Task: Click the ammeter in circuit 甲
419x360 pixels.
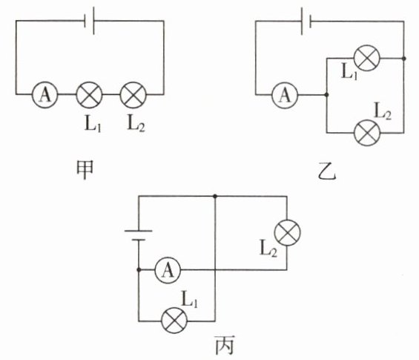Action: pos(45,95)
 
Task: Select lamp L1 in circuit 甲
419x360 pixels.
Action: pos(89,95)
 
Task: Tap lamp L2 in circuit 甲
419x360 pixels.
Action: pos(133,95)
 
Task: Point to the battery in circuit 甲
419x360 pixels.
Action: pos(89,21)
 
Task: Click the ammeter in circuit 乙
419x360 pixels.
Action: pos(285,95)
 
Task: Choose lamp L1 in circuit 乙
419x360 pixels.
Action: pos(366,58)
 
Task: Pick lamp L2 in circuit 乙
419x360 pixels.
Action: pos(367,133)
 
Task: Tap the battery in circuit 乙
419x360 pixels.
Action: pos(306,21)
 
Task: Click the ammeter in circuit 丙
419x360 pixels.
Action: pos(168,270)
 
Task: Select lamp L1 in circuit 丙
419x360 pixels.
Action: pos(174,321)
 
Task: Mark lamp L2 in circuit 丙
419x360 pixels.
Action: pos(287,232)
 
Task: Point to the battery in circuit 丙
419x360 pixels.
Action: pos(139,235)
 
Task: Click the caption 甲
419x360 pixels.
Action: pos(85,170)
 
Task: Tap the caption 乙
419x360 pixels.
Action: pos(327,173)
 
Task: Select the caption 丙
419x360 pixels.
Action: pos(225,344)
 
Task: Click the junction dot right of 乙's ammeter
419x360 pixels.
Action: pos(326,95)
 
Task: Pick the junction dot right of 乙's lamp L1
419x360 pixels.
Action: pos(403,59)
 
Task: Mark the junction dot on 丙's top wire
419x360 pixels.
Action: pos(215,196)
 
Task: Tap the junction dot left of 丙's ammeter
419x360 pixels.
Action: pos(139,270)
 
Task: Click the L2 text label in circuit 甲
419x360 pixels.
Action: pos(136,123)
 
